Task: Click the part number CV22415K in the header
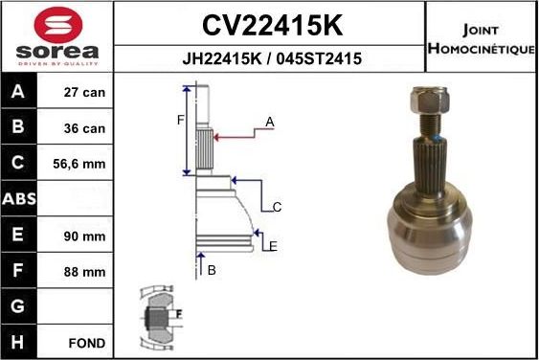pos(270,23)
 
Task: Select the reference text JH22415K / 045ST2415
pos(271,58)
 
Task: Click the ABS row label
pos(20,199)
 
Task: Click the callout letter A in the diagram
pos(270,122)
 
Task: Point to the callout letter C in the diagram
pos(277,206)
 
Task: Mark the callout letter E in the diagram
pos(273,246)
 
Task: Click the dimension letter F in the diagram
pos(179,120)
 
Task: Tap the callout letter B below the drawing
pos(212,271)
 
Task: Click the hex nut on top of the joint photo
pos(427,97)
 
